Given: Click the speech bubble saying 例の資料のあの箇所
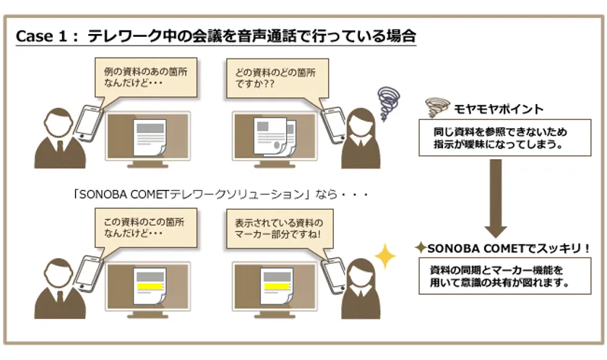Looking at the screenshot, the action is point(146,77).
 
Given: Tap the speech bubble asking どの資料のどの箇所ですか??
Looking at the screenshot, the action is point(277,78).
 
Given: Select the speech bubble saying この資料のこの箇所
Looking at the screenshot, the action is point(146,228).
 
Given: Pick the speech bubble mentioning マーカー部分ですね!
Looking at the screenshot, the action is point(280,229).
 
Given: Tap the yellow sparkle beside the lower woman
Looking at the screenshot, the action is point(384,256).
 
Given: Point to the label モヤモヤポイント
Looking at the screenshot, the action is point(499,109).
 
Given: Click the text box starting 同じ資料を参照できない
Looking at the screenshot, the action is point(505,138).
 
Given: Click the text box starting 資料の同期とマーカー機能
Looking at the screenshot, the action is point(505,276).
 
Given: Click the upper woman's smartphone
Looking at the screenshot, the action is point(334,124).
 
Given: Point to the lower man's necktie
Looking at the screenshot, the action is point(60,298).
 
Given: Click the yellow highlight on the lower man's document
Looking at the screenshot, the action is point(150,286).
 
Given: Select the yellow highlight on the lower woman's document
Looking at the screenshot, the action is point(276,286).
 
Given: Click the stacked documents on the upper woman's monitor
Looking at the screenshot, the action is point(275,136).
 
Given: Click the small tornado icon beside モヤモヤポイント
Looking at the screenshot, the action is point(437,107).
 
